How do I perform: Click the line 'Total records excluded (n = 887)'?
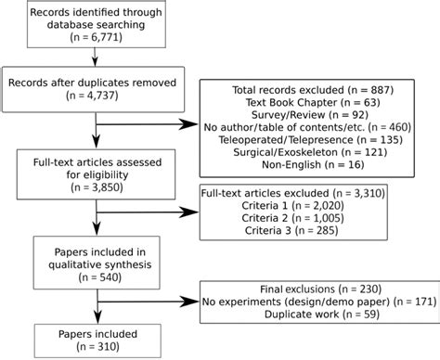(x=305, y=90)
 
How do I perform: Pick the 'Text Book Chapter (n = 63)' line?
(x=305, y=104)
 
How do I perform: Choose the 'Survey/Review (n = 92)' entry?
(x=305, y=118)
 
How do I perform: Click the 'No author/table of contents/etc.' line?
(x=305, y=132)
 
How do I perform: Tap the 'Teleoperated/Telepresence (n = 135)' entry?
(x=305, y=146)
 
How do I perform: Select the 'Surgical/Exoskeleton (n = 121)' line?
(x=305, y=160)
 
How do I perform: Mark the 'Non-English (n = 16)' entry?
(x=305, y=174)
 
